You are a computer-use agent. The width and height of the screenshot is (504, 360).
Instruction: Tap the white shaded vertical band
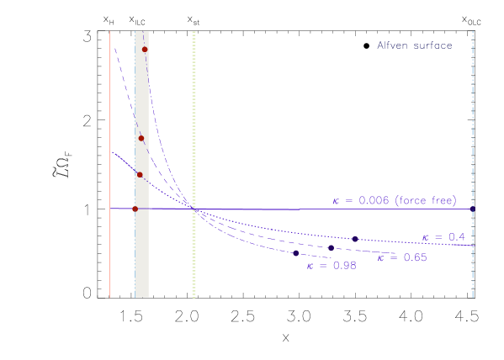tap(141, 252)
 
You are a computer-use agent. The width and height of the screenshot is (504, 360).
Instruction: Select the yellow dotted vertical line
tap(194, 126)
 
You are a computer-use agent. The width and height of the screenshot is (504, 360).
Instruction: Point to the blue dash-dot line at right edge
tap(473, 126)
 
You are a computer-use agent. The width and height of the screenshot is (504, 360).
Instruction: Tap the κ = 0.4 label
tap(443, 237)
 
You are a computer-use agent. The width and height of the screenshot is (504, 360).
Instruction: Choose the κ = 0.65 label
tap(402, 257)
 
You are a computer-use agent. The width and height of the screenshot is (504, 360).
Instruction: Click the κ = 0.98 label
tap(332, 266)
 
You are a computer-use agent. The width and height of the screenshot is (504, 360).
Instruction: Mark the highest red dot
tap(145, 50)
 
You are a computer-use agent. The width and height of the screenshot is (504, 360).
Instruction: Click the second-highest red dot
tap(141, 138)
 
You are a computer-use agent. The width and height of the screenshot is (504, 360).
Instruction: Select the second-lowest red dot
tap(140, 175)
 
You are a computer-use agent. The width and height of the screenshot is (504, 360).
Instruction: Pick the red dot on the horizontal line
tap(135, 209)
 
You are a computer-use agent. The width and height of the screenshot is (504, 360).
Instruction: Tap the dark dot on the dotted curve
tap(355, 240)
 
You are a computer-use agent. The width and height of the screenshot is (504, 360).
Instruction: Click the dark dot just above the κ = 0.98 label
tap(295, 253)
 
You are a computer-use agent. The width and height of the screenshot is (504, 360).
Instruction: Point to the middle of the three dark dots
tap(331, 248)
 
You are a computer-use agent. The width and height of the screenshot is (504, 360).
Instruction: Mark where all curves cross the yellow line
tap(194, 209)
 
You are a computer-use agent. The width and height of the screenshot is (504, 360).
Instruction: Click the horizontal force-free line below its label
tap(395, 209)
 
